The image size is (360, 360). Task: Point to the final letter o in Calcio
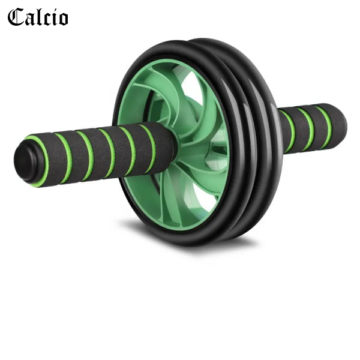coord(62,19)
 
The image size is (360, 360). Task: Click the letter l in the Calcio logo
coord(38,16)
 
